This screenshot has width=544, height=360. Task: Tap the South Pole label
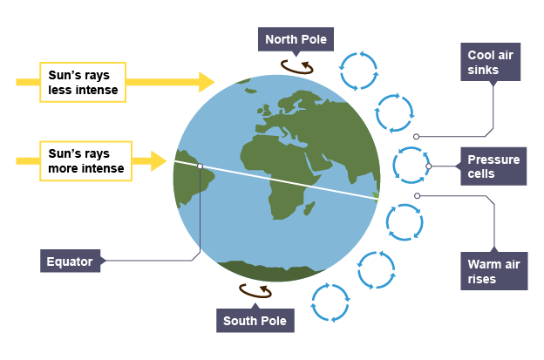255,320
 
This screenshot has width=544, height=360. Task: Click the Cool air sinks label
493,62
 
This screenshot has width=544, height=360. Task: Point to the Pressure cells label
493,166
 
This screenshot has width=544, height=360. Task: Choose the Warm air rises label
493,270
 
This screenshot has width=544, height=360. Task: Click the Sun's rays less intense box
85,82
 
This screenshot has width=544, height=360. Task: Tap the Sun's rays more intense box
85,161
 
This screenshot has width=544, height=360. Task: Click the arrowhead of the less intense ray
207,82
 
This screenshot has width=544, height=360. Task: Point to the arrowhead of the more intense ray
159,161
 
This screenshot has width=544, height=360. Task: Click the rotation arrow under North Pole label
297,65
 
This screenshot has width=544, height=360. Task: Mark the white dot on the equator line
200,166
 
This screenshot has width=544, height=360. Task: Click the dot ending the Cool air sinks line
417,137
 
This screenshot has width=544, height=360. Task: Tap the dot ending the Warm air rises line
418,195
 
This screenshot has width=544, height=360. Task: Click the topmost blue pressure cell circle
358,71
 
